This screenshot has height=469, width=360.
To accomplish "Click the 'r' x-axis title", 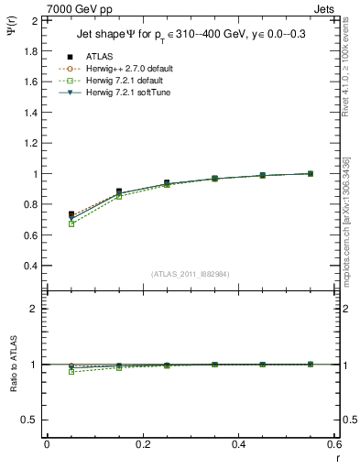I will [337, 458].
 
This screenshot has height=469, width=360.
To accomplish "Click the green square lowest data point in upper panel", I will [47, 224].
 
